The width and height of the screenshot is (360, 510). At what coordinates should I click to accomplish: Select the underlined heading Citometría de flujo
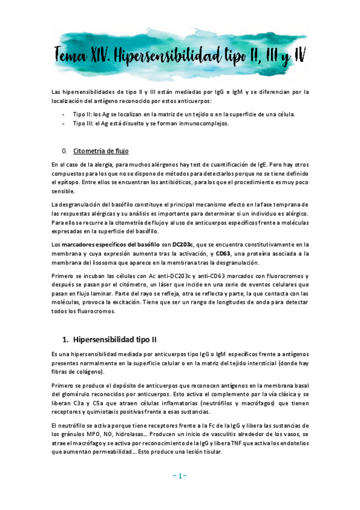pyautogui.click(x=100, y=150)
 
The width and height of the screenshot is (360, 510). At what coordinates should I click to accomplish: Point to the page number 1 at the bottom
pyautogui.click(x=179, y=476)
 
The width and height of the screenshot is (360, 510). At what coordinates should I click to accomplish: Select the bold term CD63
pyautogui.click(x=224, y=254)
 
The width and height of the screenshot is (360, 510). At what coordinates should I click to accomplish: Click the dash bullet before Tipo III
pyautogui.click(x=64, y=123)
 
